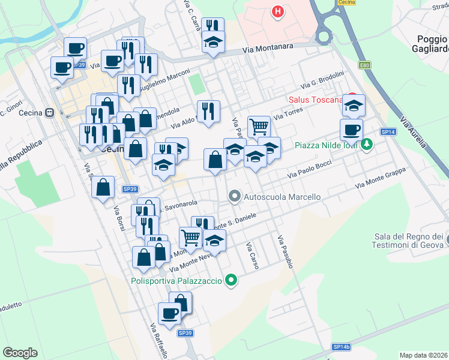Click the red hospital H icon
pyautogui.click(x=277, y=11)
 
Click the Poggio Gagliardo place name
pyautogui.click(x=430, y=44)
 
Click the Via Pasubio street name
pyautogui.click(x=286, y=251)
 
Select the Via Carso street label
pyautogui.click(x=252, y=255)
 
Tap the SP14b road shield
pyautogui.click(x=341, y=347)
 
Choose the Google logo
pyautogui.click(x=20, y=353)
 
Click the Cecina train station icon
pyautogui.click(x=50, y=112)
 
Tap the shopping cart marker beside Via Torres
pyautogui.click(x=259, y=126)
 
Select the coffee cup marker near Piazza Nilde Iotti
pyautogui.click(x=351, y=129)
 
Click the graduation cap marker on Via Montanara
pyautogui.click(x=213, y=43)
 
